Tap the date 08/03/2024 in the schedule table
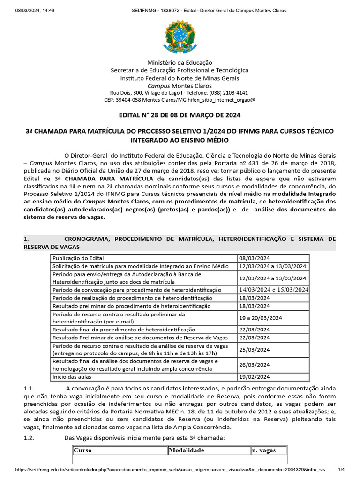[x=255, y=258]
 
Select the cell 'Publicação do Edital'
[x=78, y=258]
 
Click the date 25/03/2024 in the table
[x=255, y=349]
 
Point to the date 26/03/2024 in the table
[x=255, y=365]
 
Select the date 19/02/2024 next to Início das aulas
[x=255, y=376]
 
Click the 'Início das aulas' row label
[x=72, y=376]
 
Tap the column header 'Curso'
[x=83, y=450]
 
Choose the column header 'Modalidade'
[x=187, y=450]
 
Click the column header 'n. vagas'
[x=263, y=450]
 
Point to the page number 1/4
[x=341, y=469]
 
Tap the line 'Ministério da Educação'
[x=180, y=62]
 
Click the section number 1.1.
[x=29, y=389]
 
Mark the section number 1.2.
[x=29, y=438]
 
